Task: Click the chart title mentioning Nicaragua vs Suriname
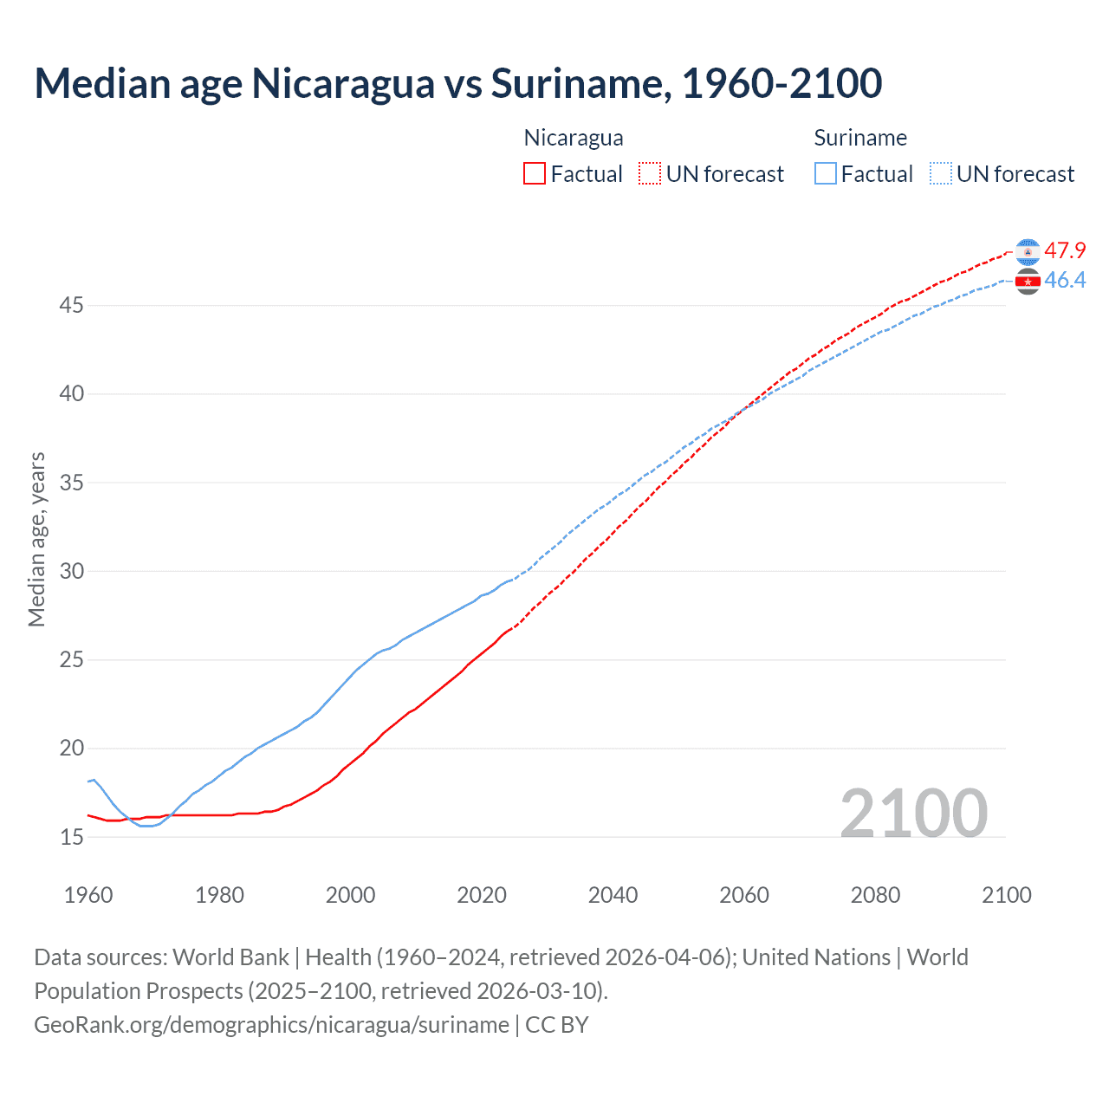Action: click(x=457, y=84)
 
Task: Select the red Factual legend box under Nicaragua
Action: click(x=535, y=174)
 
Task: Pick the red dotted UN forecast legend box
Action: click(x=650, y=174)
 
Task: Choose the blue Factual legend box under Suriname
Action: click(x=826, y=174)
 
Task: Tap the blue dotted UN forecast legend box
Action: click(x=941, y=174)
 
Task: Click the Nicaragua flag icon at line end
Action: click(x=1028, y=251)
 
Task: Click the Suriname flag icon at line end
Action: click(x=1028, y=281)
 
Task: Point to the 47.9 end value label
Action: click(x=1065, y=251)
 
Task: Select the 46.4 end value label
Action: click(x=1065, y=281)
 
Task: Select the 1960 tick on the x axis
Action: click(x=88, y=895)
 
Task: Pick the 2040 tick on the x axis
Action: click(x=613, y=895)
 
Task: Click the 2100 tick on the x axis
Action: click(x=1006, y=895)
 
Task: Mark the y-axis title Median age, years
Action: click(x=36, y=539)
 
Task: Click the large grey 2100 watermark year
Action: click(x=913, y=813)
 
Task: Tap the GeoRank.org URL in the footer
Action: click(x=271, y=1025)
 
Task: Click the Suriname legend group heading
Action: click(x=860, y=138)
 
